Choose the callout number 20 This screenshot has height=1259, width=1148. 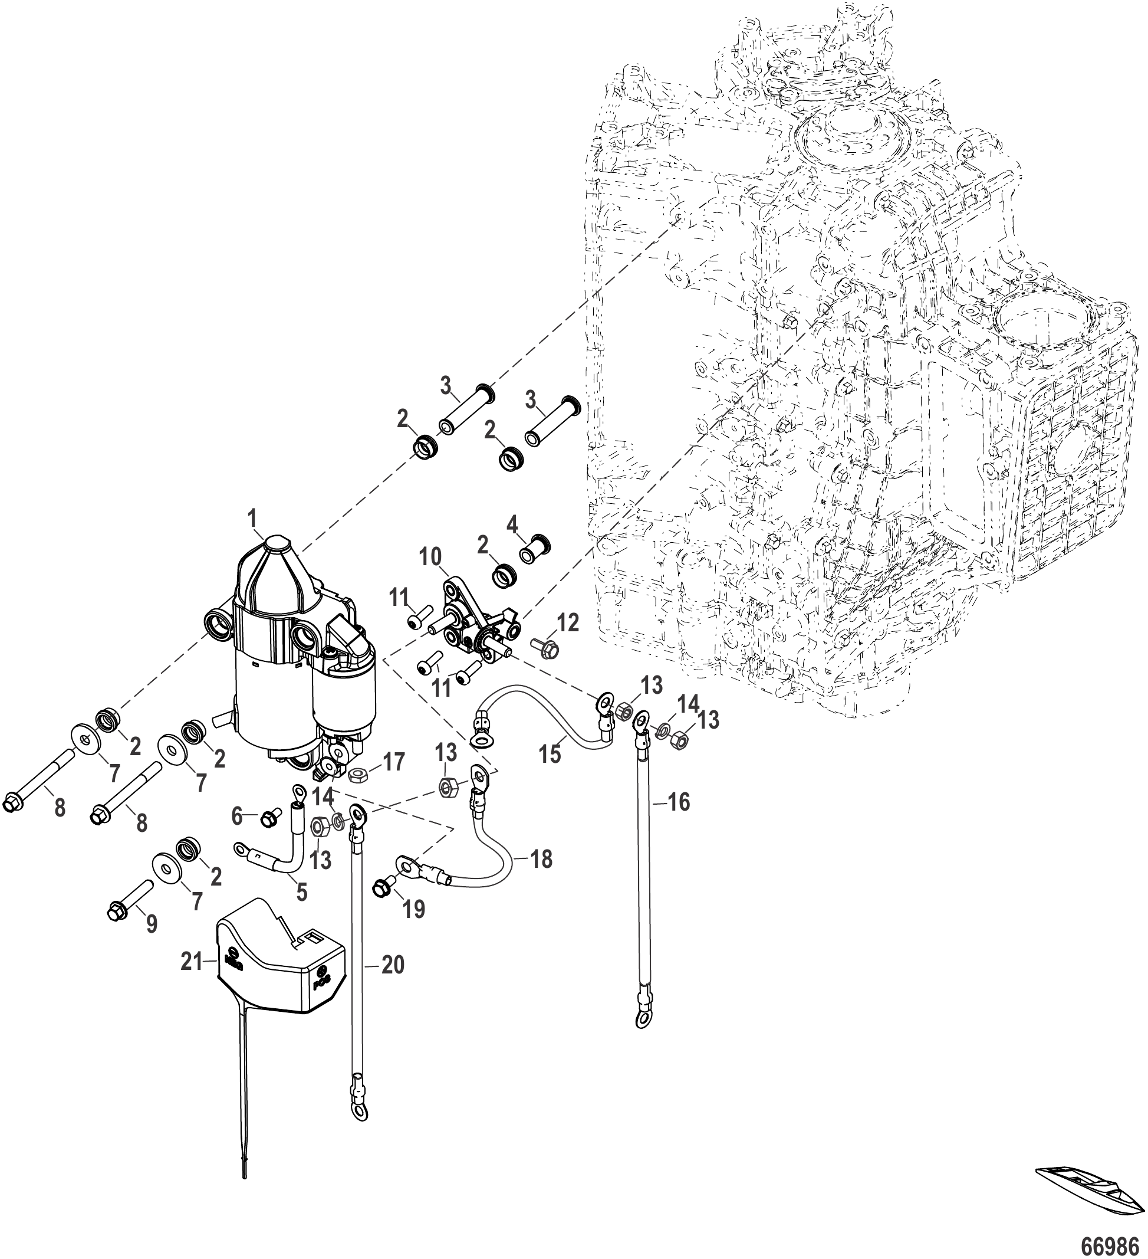coord(392,965)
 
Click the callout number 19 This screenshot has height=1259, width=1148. coord(413,908)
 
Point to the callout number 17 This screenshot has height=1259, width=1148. coord(393,761)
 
